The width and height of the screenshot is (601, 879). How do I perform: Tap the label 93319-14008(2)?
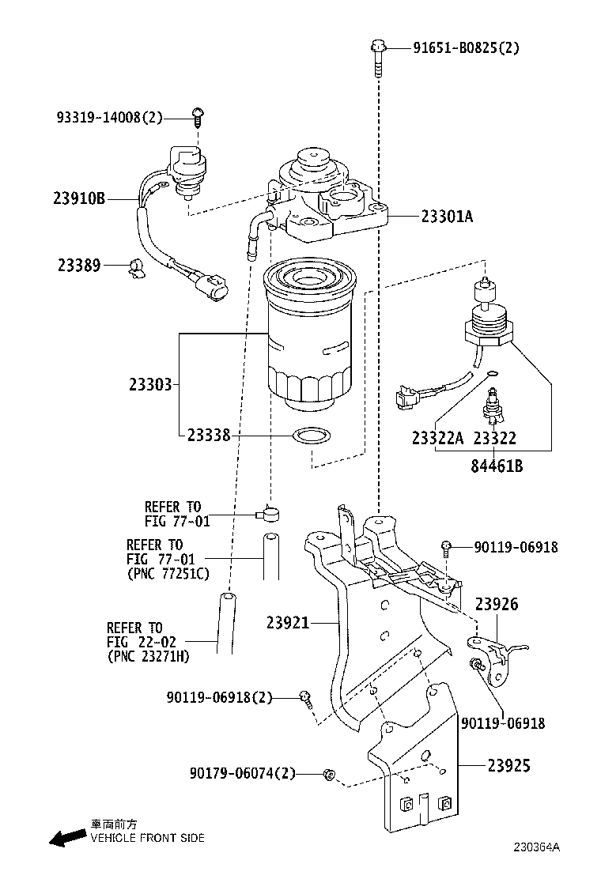pos(109,118)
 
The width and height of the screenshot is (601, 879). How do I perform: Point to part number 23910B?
pos(81,198)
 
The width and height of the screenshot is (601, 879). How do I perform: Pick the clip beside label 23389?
pos(136,267)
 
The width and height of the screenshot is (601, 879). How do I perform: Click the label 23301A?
pos(447,215)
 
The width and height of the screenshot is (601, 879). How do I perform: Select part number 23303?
pos(150,385)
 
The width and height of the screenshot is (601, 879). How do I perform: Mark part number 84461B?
pos(497,466)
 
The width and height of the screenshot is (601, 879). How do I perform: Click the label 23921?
pos(288,623)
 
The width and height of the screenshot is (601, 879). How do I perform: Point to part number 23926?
pos(497,605)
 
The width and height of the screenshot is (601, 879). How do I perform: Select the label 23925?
pos(508,765)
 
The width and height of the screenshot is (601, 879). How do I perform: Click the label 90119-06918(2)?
pos(219,697)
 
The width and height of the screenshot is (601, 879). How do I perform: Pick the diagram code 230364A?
pos(537,847)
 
